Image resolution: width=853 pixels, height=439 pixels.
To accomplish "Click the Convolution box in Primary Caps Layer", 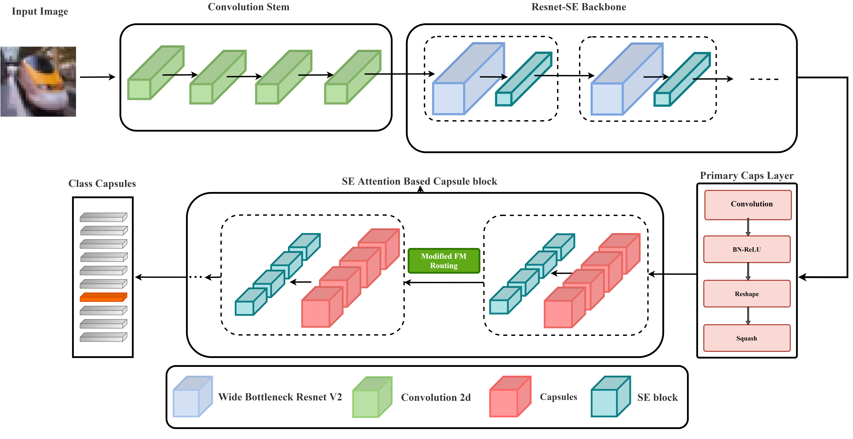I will [x=748, y=205].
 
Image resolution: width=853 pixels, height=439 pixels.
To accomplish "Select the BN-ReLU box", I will [x=747, y=249].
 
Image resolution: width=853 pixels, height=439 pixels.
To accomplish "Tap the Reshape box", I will [x=747, y=294].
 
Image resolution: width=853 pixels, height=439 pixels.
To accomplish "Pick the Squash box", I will [x=747, y=338].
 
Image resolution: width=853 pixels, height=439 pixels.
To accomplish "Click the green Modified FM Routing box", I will [x=444, y=261].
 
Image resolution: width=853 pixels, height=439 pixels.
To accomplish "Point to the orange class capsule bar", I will [x=103, y=297].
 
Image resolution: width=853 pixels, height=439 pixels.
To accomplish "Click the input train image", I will [x=38, y=82].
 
